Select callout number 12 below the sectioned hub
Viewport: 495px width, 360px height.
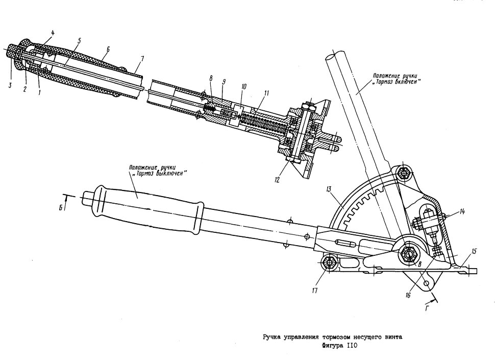click(277, 180)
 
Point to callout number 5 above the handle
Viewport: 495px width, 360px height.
click(79, 40)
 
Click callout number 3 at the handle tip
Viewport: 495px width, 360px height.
click(10, 85)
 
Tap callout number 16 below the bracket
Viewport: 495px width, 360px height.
click(408, 295)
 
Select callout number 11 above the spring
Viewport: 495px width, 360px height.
click(266, 93)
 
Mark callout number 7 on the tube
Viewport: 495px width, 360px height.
click(142, 58)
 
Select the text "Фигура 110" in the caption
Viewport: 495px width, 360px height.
click(339, 346)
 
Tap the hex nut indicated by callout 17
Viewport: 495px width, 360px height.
click(329, 262)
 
